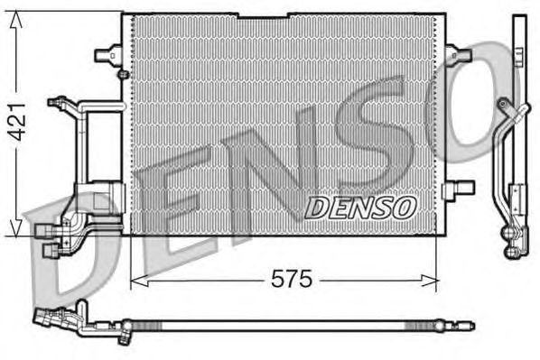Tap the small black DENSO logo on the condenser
click(359, 208)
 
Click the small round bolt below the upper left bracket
click(121, 72)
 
